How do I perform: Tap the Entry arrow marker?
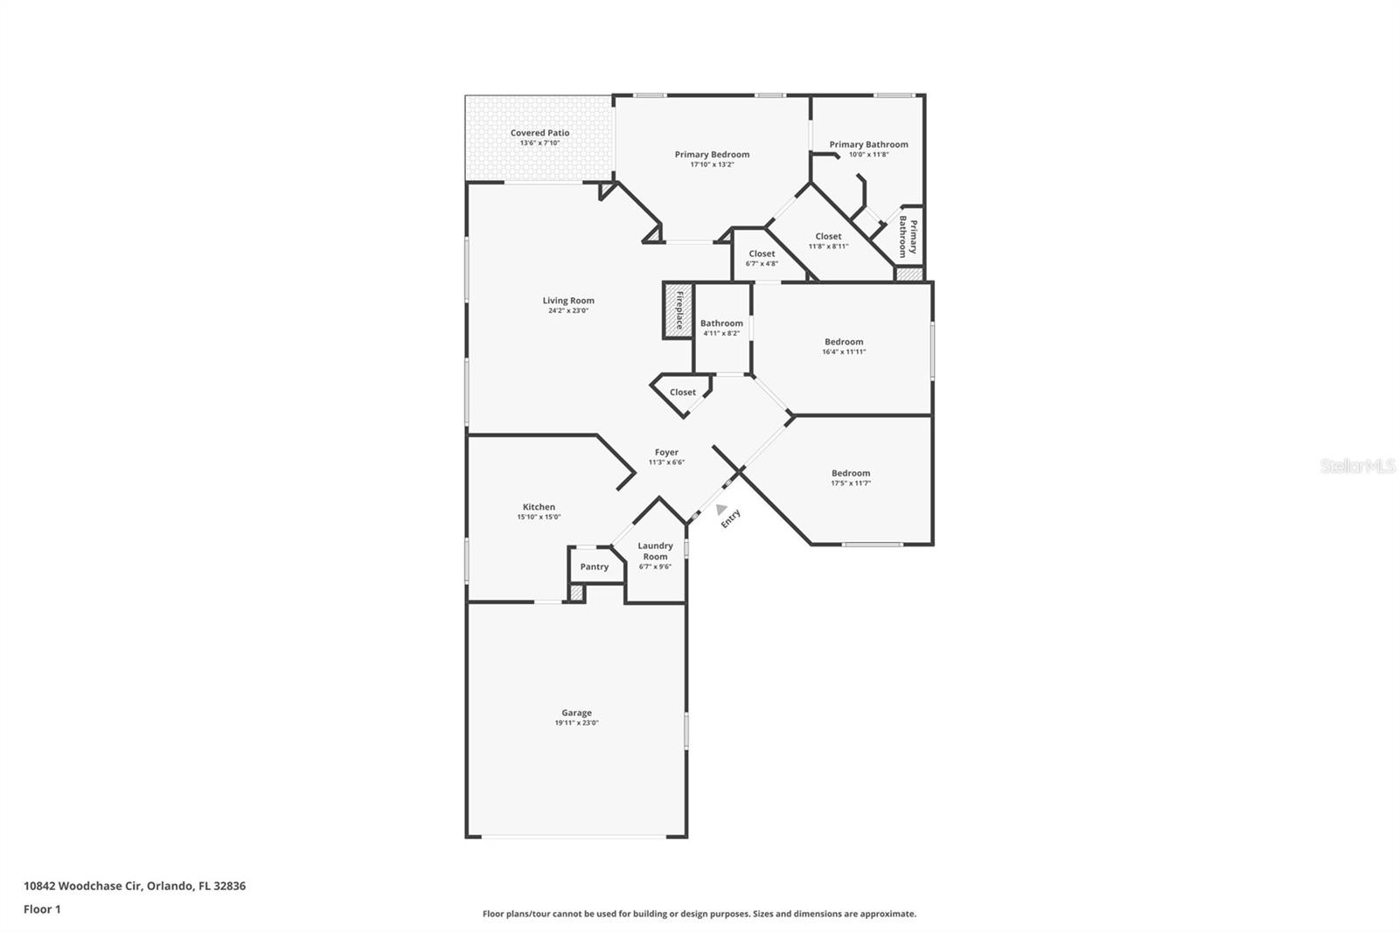coord(720,509)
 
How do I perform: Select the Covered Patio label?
coord(539,133)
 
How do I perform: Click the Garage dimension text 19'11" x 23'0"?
coord(576,723)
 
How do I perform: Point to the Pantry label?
coord(595,567)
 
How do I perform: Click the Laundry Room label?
coord(655,551)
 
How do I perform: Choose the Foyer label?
coord(666,452)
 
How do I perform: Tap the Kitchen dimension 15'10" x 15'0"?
coord(539,517)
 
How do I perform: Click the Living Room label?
coord(568,301)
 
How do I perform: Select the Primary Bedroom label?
coord(712,155)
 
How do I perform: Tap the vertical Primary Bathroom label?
coord(908,237)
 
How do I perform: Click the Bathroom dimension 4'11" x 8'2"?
coord(721,333)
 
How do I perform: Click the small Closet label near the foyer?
coord(683,393)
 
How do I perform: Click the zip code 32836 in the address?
coord(231,886)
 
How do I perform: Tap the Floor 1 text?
coord(42,909)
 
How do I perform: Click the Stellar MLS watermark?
coord(1357,467)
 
